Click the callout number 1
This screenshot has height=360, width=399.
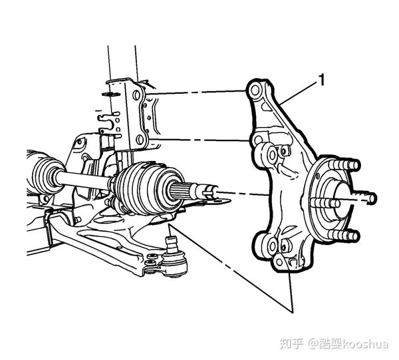[x=322, y=81]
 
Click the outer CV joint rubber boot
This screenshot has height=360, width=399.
[x=143, y=187]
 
